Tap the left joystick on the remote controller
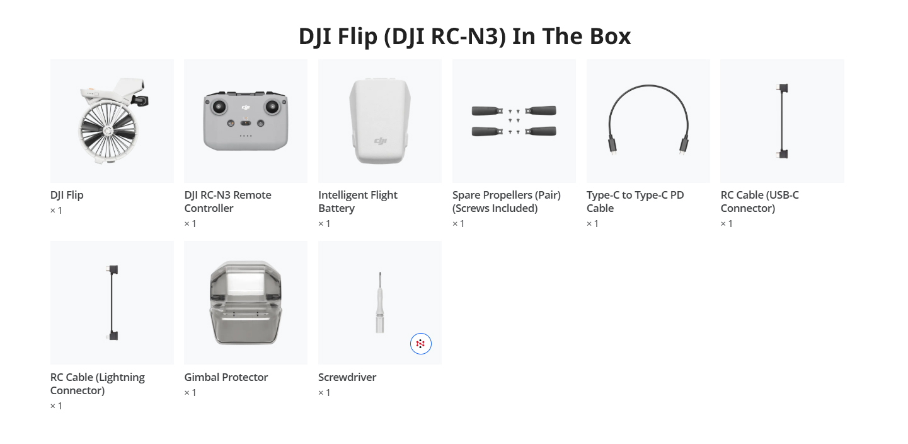pyautogui.click(x=219, y=107)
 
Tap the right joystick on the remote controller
pyautogui.click(x=272, y=107)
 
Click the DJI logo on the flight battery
pyautogui.click(x=380, y=141)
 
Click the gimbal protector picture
pyautogui.click(x=246, y=302)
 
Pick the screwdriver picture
pyautogui.click(x=380, y=302)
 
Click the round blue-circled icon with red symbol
pyautogui.click(x=421, y=344)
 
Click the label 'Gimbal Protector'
pyautogui.click(x=226, y=377)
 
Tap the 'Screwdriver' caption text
pyautogui.click(x=347, y=377)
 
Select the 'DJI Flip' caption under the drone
pyautogui.click(x=67, y=195)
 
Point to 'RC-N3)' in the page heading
pyautogui.click(x=469, y=37)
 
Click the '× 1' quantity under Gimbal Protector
pyautogui.click(x=190, y=392)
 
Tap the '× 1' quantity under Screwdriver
pyautogui.click(x=325, y=392)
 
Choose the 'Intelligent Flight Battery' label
pyautogui.click(x=358, y=201)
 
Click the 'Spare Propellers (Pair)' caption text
pyautogui.click(x=507, y=195)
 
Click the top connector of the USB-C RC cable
pyautogui.click(x=783, y=88)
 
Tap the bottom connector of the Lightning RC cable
pyautogui.click(x=113, y=336)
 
